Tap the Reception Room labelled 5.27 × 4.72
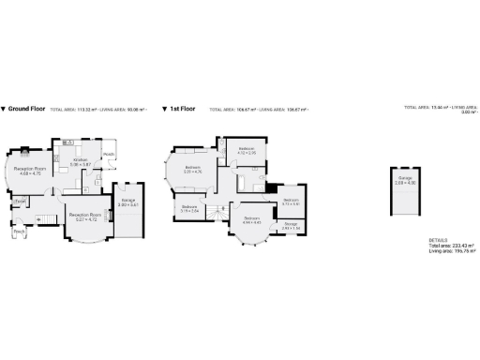85,217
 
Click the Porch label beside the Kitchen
109,154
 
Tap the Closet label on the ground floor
21,200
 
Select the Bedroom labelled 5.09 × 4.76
194,170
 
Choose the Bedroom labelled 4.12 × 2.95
247,151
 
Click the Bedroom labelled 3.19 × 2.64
189,208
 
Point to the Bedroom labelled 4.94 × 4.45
251,219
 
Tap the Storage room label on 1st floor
291,225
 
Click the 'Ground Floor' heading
25,108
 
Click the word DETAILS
437,239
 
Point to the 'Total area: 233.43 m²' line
451,245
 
